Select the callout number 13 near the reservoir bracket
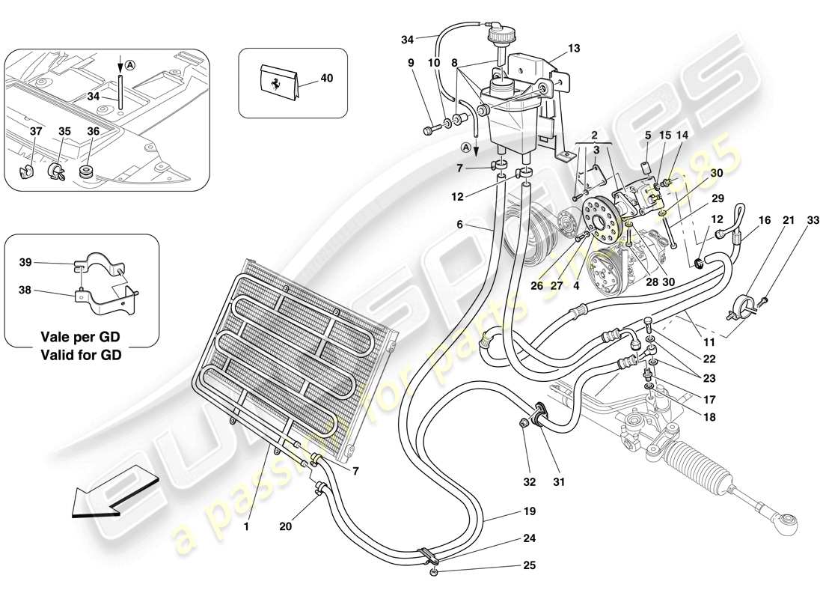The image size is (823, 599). (x=573, y=49)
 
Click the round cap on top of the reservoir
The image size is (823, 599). (x=496, y=34)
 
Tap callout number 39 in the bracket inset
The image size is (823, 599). (x=25, y=263)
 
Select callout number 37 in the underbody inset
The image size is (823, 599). (x=36, y=131)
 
